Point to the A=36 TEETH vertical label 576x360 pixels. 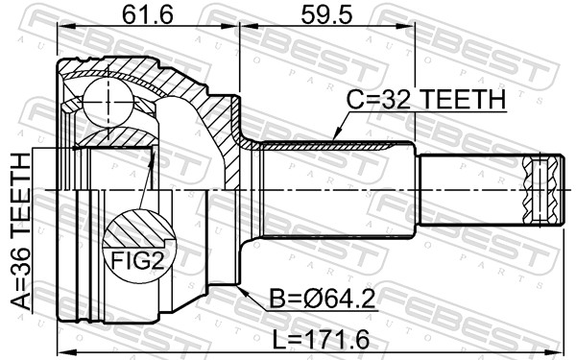click(x=21, y=230)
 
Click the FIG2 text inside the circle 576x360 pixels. click(x=138, y=259)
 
